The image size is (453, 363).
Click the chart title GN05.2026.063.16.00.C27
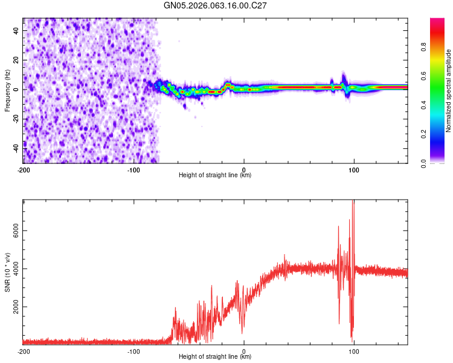[216, 5]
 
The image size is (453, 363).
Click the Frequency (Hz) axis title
[7, 91]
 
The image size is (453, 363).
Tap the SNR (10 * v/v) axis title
[7, 272]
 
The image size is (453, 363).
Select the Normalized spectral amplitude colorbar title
[449, 91]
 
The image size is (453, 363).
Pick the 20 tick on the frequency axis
[16, 60]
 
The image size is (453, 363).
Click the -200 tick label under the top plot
[23, 169]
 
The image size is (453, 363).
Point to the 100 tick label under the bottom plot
[354, 351]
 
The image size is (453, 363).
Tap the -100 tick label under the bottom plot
[133, 351]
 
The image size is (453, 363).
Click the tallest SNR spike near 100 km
[353, 203]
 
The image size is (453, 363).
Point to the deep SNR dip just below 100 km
[352, 340]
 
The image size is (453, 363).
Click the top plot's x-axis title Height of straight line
[215, 175]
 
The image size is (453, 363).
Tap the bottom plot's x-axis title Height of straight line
[215, 357]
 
